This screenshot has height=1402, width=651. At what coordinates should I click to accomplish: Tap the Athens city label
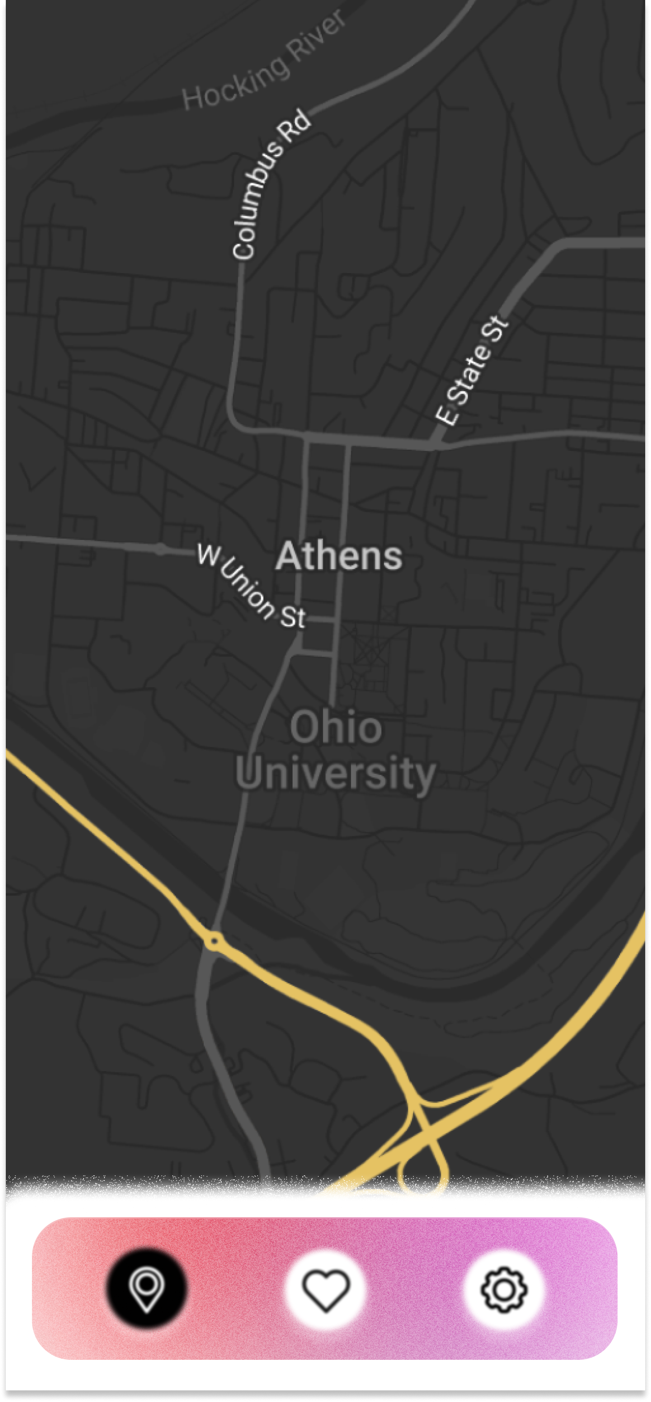pos(339,556)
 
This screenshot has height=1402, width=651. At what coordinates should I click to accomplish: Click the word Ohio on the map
pos(336,727)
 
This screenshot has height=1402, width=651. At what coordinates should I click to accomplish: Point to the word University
pos(336,773)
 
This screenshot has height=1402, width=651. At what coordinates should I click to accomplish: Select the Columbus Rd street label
pos(270,185)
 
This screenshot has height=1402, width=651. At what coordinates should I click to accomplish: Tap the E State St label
pos(472,370)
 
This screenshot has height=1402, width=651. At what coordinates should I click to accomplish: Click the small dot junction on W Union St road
pos(160,549)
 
